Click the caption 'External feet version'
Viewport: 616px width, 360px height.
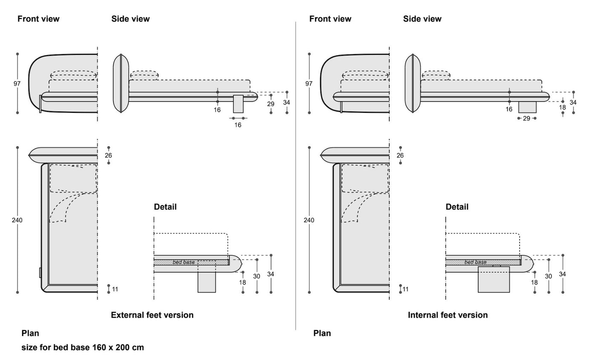pyautogui.click(x=152, y=315)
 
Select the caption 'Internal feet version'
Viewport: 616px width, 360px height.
pyautogui.click(x=448, y=315)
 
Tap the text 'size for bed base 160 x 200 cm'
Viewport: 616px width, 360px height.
pyautogui.click(x=83, y=348)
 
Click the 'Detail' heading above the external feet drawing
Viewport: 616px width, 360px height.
pyautogui.click(x=165, y=207)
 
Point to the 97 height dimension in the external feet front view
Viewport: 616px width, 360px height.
pyautogui.click(x=17, y=84)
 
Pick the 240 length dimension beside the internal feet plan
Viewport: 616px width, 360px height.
pyautogui.click(x=309, y=220)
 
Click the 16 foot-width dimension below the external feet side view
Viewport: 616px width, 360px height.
pyautogui.click(x=238, y=125)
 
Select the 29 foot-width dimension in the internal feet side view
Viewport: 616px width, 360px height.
pyautogui.click(x=526, y=118)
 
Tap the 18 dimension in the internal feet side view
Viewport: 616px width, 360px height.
pyautogui.click(x=563, y=108)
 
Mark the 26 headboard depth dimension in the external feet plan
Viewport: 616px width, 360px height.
pyautogui.click(x=108, y=155)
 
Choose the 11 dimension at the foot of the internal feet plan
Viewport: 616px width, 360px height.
pyautogui.click(x=405, y=289)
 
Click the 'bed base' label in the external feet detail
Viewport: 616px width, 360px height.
pyautogui.click(x=184, y=262)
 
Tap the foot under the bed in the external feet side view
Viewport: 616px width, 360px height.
pyautogui.click(x=238, y=104)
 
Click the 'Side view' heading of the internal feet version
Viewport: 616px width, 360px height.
pyautogui.click(x=422, y=19)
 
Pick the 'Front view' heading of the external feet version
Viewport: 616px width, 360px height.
pyautogui.click(x=38, y=19)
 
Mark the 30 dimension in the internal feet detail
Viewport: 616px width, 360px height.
pyautogui.click(x=549, y=276)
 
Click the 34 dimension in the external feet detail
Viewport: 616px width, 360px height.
pyautogui.click(x=271, y=274)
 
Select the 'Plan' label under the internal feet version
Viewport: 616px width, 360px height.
pyautogui.click(x=322, y=333)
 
